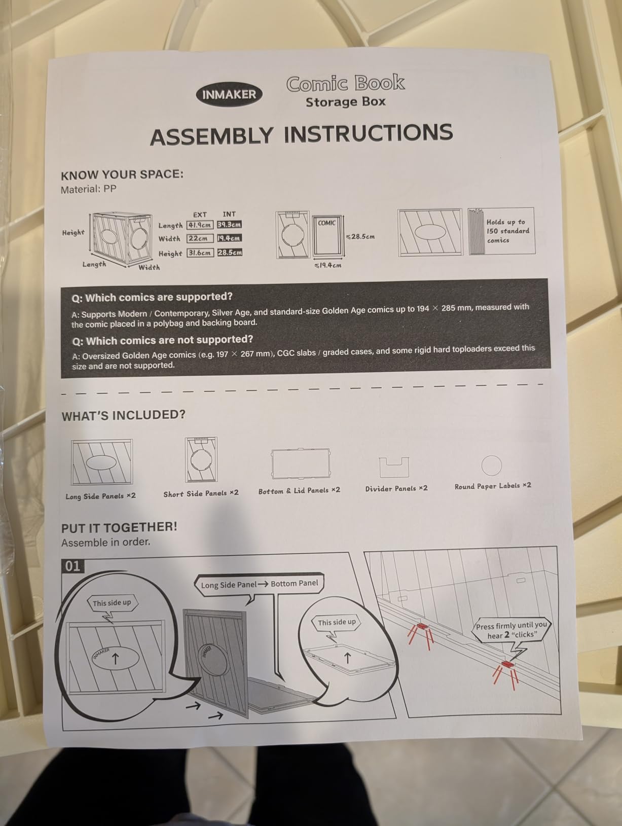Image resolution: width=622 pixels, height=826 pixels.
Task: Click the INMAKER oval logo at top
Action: click(x=229, y=94)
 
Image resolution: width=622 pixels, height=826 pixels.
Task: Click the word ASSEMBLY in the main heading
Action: click(x=211, y=136)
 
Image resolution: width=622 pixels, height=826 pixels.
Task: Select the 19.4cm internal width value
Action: click(x=230, y=238)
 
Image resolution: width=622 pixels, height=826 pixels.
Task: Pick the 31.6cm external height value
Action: click(x=200, y=253)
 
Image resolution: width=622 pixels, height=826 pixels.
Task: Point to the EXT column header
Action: click(x=200, y=214)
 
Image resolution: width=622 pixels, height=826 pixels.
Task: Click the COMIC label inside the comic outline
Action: click(x=326, y=223)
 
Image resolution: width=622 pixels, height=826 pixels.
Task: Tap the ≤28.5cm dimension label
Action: click(x=360, y=237)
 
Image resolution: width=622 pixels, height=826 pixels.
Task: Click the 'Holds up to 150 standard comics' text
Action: click(x=507, y=231)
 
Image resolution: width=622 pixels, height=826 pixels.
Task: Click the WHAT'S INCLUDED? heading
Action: click(x=123, y=415)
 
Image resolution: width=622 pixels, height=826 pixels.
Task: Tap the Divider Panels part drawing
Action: click(x=394, y=467)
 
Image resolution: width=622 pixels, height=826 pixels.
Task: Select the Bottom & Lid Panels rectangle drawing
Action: click(x=301, y=463)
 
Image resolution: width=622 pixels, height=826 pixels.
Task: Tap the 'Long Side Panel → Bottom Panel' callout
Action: click(x=259, y=585)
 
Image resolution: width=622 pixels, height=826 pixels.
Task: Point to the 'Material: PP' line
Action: click(x=89, y=189)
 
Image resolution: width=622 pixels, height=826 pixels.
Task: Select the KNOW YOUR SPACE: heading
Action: click(x=122, y=174)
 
